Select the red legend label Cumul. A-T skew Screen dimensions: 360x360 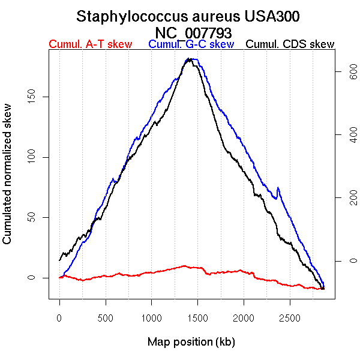coord(90,44)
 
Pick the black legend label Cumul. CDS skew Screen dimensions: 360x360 coord(290,44)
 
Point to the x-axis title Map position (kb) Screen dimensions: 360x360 coord(191,342)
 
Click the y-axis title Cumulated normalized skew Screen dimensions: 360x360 coord(8,181)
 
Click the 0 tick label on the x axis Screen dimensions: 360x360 coord(59,316)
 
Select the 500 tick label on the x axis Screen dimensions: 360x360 coord(106,316)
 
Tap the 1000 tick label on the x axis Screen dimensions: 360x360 coord(152,316)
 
